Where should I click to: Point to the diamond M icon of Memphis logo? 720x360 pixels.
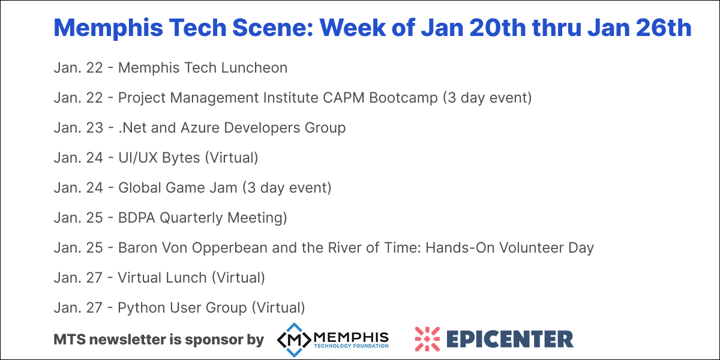point(294,340)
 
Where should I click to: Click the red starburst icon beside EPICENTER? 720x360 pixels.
point(427,339)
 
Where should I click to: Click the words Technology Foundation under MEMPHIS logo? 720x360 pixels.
point(351,346)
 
